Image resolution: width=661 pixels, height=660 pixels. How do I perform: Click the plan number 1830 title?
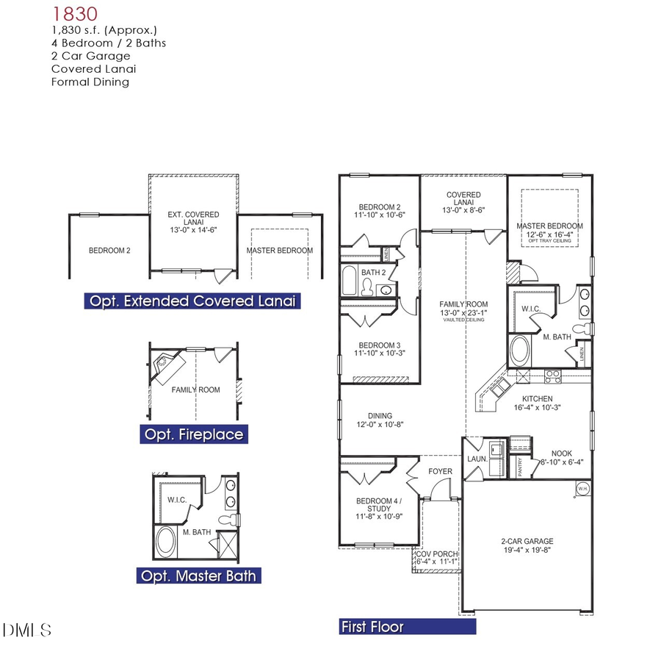pyautogui.click(x=76, y=14)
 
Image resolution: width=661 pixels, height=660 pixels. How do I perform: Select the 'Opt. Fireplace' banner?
pyautogui.click(x=193, y=434)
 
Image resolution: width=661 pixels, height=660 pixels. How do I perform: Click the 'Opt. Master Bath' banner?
pyautogui.click(x=198, y=575)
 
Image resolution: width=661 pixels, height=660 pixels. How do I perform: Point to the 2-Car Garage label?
pyautogui.click(x=528, y=545)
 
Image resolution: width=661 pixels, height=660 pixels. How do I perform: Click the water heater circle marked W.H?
pyautogui.click(x=582, y=488)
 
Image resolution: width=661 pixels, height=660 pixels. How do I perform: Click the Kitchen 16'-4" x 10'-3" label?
pyautogui.click(x=538, y=403)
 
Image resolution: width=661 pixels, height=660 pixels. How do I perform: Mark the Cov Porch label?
pyautogui.click(x=436, y=558)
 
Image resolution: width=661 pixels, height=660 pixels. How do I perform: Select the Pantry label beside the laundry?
pyautogui.click(x=520, y=468)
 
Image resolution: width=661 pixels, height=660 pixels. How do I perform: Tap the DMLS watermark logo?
pyautogui.click(x=27, y=630)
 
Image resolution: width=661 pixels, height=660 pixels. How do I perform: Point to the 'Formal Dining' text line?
pyautogui.click(x=90, y=82)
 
